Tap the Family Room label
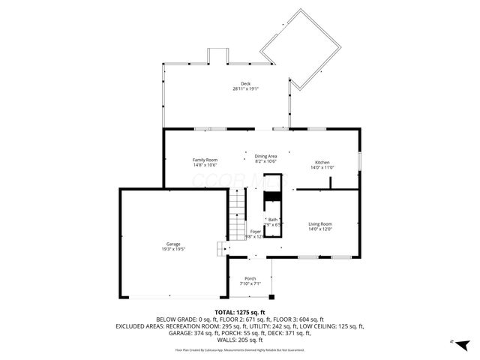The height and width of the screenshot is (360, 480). point(205,160)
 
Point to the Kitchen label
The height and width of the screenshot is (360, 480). point(322,163)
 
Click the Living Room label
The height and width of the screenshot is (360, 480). point(320,224)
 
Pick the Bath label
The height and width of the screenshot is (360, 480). point(273,220)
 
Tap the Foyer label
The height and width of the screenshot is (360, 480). point(256,232)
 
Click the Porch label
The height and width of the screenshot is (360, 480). point(250,279)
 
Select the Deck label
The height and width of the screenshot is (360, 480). point(245,83)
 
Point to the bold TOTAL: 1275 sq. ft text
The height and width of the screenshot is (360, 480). point(240,312)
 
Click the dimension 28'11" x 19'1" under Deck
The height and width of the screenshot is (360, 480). point(245,89)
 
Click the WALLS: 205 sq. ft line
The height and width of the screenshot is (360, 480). point(240,340)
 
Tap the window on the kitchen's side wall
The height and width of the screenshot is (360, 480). point(359,161)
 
